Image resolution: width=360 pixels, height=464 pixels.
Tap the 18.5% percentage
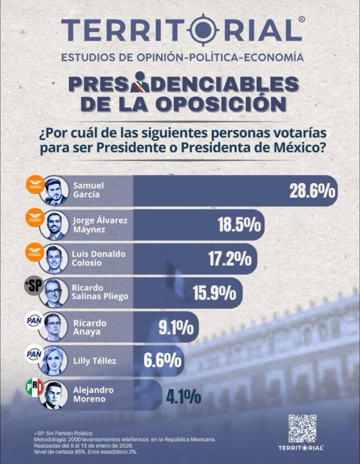[240, 225]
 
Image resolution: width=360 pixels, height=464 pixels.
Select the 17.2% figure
[230, 259]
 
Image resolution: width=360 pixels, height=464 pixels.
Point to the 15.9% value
[215, 293]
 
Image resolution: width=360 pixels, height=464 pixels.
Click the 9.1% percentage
[176, 327]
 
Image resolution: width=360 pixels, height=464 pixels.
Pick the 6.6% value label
[163, 360]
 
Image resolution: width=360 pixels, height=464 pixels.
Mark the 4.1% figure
[183, 396]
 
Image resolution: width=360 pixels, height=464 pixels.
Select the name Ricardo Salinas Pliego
[100, 292]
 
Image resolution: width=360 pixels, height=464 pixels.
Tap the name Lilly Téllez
[95, 361]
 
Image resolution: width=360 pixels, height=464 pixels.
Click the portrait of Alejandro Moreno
[53, 395]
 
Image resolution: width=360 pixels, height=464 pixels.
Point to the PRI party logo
[35, 388]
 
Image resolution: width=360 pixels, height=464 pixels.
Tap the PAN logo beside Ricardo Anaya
[34, 320]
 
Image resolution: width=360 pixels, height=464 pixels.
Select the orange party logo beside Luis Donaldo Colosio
[34, 252]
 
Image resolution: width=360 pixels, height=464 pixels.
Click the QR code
[302, 429]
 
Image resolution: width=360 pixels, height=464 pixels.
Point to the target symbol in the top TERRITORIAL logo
[203, 29]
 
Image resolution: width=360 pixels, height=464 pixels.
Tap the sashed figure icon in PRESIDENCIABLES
[141, 82]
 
